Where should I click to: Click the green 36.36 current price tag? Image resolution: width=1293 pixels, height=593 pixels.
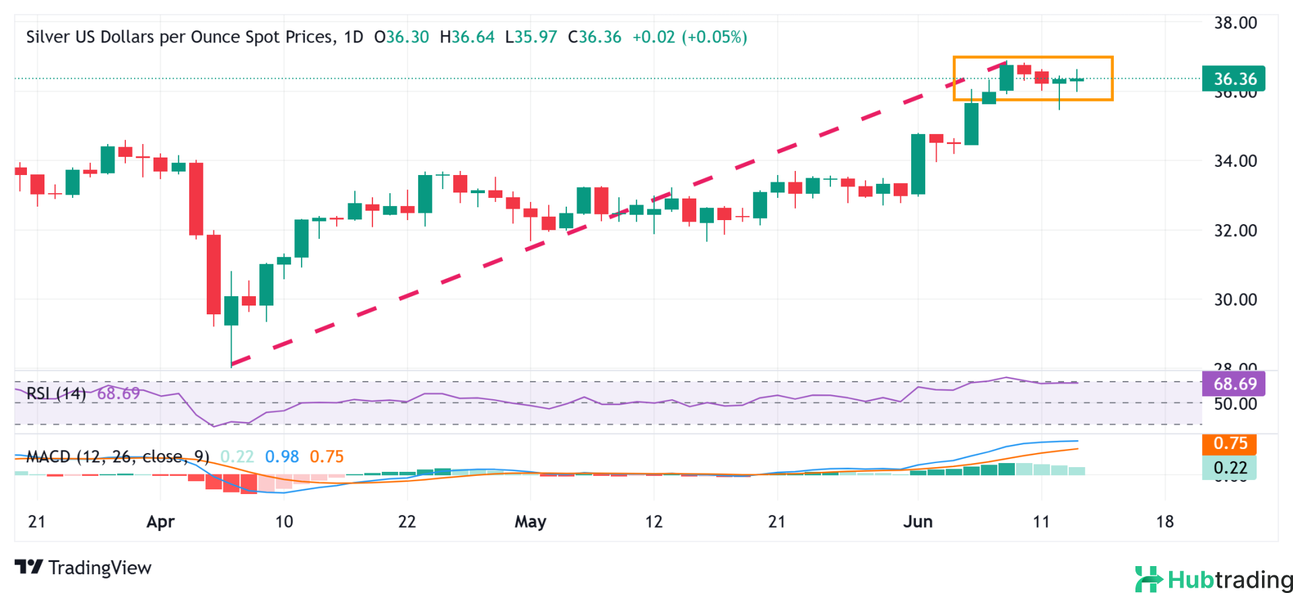(x=1234, y=79)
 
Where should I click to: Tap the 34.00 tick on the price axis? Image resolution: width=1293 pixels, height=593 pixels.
(x=1235, y=161)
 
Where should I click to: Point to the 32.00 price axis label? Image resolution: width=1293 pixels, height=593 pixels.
(x=1235, y=230)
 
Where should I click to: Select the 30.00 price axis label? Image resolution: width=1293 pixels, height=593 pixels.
(x=1235, y=300)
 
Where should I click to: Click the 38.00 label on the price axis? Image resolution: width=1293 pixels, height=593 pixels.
(x=1235, y=23)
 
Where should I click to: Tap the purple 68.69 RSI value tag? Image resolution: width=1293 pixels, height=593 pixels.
(x=1234, y=384)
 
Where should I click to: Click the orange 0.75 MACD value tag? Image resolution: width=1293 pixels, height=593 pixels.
(x=1230, y=444)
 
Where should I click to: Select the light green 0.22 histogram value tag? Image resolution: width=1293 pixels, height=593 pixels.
(x=1230, y=468)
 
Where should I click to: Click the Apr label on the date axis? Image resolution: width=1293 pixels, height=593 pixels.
(x=160, y=522)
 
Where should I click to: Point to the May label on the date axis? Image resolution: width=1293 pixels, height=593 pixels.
(x=530, y=522)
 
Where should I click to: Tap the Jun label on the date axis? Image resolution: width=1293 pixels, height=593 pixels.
(x=918, y=522)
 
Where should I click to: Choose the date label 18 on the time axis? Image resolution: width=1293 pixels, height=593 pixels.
(x=1164, y=522)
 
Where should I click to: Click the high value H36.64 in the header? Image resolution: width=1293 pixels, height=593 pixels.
(x=467, y=37)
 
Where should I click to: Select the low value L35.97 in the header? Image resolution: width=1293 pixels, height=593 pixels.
(x=531, y=37)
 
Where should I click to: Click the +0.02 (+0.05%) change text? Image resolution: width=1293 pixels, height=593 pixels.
(x=690, y=37)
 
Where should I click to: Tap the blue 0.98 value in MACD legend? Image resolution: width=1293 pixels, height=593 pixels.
(x=281, y=457)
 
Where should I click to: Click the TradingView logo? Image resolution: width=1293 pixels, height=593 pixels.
(x=84, y=567)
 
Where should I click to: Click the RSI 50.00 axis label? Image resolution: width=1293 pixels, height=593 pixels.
(x=1235, y=404)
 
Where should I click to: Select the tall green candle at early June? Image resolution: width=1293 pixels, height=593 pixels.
(x=918, y=165)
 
